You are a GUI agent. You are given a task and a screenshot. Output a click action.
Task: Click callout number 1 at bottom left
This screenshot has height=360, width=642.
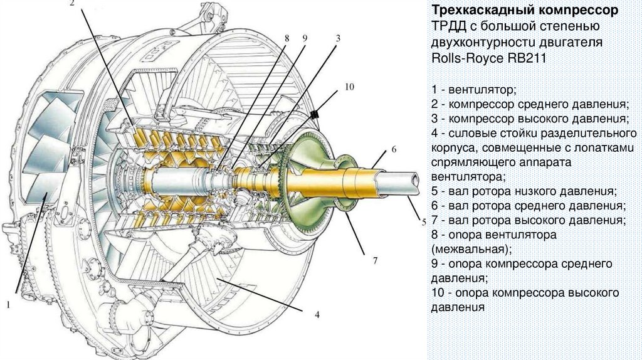tap(9, 305)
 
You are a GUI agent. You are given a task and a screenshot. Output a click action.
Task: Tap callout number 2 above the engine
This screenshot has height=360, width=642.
tap(72, 4)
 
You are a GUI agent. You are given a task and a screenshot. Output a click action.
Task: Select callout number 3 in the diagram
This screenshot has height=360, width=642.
tap(338, 38)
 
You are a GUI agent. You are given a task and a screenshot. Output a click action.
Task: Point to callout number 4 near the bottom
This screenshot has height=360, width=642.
tap(317, 314)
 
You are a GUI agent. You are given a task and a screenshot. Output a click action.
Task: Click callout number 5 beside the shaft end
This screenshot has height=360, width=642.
tap(423, 221)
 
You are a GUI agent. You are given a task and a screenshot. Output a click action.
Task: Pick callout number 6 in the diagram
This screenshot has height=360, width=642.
tap(394, 149)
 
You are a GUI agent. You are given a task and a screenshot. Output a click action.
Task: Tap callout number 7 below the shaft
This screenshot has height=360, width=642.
tap(376, 260)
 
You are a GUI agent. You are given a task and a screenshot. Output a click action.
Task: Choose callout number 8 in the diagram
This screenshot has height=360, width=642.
tap(287, 38)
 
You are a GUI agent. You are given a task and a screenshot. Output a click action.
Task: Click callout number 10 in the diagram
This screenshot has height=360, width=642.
tap(350, 86)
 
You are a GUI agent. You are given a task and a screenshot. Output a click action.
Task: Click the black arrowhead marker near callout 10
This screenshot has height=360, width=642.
tap(315, 115)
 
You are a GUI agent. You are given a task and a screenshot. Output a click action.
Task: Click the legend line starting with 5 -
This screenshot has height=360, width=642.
tap(524, 191)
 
